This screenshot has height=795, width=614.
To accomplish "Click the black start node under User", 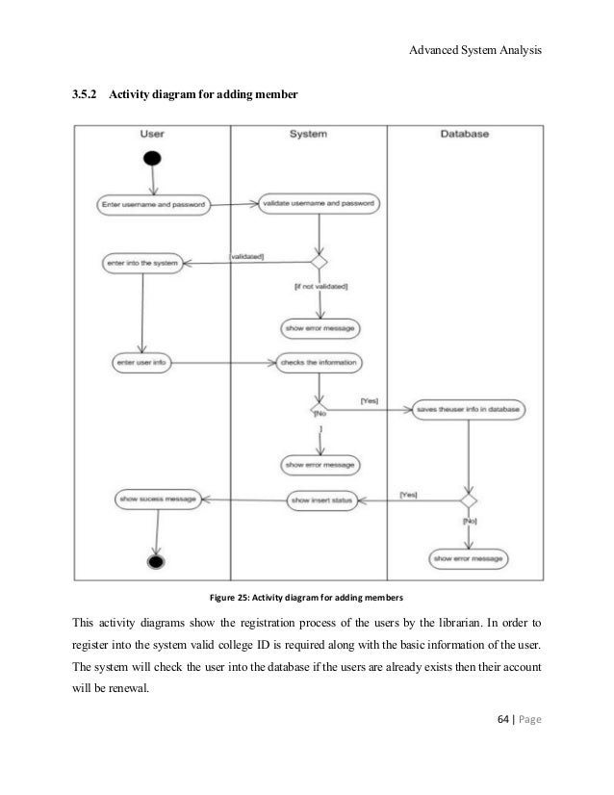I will [x=151, y=158].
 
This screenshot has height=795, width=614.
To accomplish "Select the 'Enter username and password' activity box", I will [x=155, y=204].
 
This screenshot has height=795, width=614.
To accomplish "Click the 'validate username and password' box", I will [x=319, y=204].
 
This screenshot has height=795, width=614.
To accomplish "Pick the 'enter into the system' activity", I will [x=141, y=262].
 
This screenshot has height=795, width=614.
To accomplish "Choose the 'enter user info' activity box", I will [x=143, y=363].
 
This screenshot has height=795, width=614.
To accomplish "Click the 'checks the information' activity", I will [x=319, y=363].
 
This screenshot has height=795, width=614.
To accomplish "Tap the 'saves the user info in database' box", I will [x=469, y=409].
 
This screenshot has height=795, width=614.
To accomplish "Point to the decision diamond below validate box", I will [x=320, y=262].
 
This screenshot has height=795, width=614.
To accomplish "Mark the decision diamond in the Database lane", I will [x=469, y=500].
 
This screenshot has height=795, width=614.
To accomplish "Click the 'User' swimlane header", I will [x=158, y=136].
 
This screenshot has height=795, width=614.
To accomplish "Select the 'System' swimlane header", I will [x=308, y=136].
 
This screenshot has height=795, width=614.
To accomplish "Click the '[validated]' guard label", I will [x=246, y=256].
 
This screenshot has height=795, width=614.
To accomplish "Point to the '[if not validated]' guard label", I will [x=320, y=286].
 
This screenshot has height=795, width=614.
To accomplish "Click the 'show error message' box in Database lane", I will [x=469, y=557].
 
